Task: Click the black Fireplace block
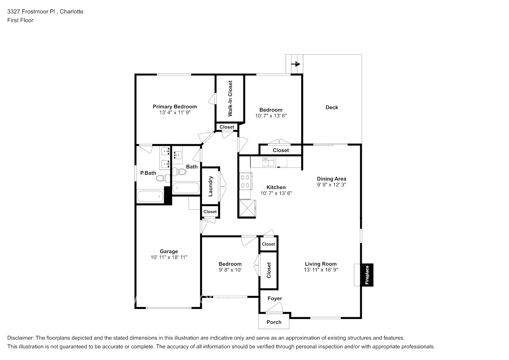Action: coord(367,275)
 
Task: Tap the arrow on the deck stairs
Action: coord(296,64)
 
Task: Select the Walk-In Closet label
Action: coord(230,98)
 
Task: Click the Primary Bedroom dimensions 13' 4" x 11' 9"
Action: coord(175,112)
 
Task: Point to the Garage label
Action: coord(169,251)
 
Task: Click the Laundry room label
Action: coord(211,186)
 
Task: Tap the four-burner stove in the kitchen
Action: coord(246,181)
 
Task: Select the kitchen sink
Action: coord(269,162)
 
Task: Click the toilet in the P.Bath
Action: coord(163,178)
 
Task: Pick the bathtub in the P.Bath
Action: coord(150,197)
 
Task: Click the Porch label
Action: coord(274,322)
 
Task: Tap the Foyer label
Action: coord(275,298)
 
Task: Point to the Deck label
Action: coord(332,107)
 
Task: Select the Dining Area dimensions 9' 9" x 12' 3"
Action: coord(332,185)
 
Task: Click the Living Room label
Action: coord(321,264)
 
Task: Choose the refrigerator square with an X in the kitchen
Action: coord(248,208)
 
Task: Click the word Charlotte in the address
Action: coord(72,12)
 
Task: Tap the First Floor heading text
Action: coord(20,20)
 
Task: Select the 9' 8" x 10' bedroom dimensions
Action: coord(230,270)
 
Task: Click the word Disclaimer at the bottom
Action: coord(20,338)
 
